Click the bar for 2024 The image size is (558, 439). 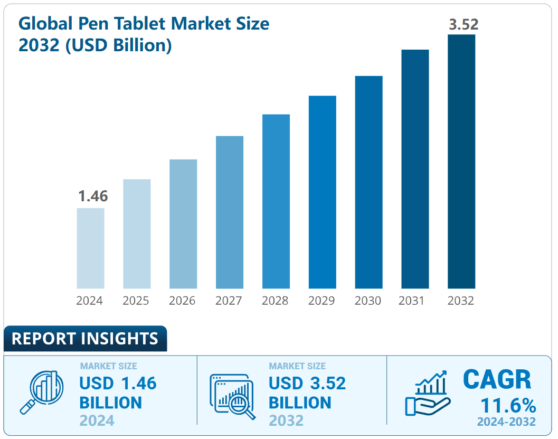point(90,248)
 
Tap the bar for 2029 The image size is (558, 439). point(322,192)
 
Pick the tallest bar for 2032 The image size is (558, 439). point(461,162)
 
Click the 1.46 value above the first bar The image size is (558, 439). point(93,197)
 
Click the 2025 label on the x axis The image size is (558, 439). point(136,301)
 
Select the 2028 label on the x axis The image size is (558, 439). point(275,301)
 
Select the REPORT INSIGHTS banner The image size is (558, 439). point(85,339)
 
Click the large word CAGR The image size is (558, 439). point(497,379)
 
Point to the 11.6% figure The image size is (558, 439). point(508,406)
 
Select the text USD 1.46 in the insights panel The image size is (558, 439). point(118,383)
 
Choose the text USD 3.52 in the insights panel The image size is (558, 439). point(307,383)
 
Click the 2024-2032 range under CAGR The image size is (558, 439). point(506,422)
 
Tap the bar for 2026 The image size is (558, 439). point(183,224)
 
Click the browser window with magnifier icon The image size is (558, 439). point(232,396)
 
